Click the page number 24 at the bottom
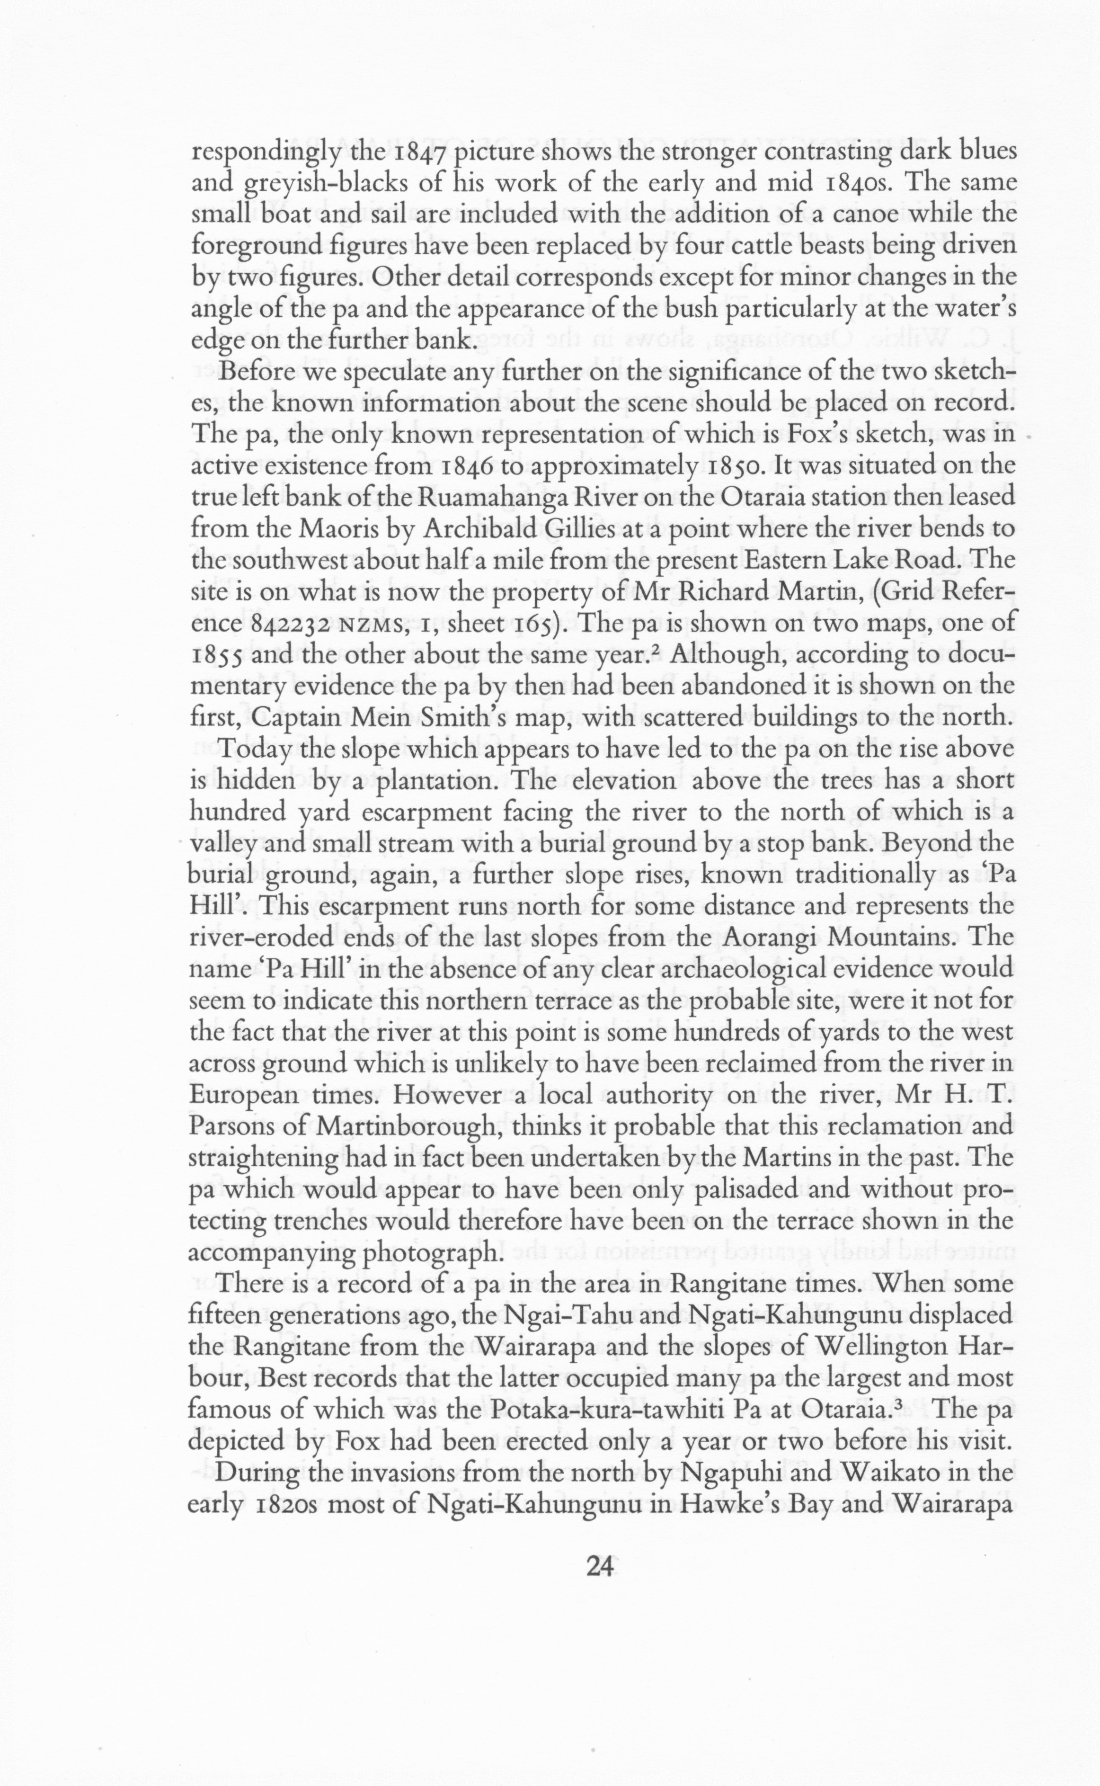pyautogui.click(x=602, y=1565)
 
